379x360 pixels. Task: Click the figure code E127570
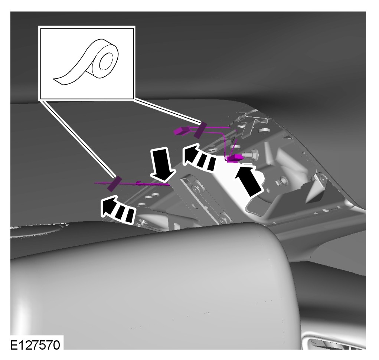click(x=35, y=345)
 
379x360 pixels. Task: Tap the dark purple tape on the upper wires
click(x=200, y=130)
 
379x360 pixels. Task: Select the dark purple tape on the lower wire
click(x=115, y=184)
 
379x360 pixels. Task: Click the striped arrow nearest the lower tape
click(x=117, y=209)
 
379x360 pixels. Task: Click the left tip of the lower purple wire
click(x=95, y=183)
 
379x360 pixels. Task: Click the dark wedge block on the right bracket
click(x=312, y=193)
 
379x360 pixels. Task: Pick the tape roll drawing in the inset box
click(x=86, y=62)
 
